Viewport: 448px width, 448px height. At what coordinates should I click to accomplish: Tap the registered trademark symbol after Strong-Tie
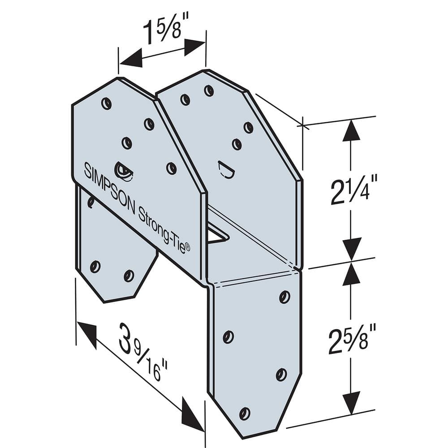coord(187,249)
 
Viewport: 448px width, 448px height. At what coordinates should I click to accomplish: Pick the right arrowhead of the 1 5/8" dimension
coord(194,47)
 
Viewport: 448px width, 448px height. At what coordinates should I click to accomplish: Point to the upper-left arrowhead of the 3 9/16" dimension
coord(87,334)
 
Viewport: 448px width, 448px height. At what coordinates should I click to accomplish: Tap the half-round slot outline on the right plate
coord(227,170)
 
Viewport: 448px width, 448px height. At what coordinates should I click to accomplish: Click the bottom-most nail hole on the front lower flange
coord(245,413)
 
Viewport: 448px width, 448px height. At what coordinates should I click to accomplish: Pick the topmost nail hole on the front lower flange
coord(284,297)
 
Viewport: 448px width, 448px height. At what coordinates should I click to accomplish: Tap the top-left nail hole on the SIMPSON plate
coord(106,103)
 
